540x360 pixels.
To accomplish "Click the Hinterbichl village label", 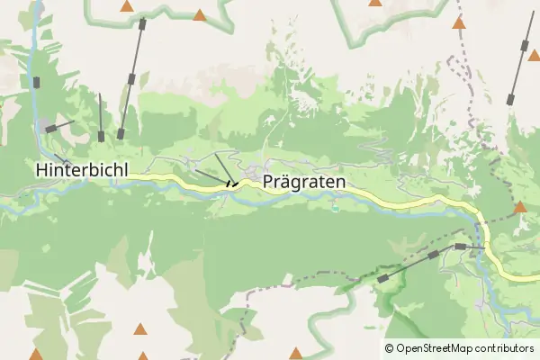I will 82,169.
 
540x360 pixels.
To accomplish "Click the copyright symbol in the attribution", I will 390,348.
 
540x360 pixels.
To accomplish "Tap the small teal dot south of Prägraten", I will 335,208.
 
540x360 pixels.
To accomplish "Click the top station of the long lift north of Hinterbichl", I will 141,24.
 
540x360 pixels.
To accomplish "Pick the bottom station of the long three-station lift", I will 121,134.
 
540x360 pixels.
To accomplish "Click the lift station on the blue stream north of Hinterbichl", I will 37,83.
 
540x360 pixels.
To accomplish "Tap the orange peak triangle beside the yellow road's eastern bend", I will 519,208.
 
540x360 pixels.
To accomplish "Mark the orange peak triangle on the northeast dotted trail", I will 459,23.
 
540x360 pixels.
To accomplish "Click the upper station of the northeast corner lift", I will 525,44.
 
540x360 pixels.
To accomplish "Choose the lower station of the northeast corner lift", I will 510,96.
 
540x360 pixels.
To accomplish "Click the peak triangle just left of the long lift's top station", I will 126,7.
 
